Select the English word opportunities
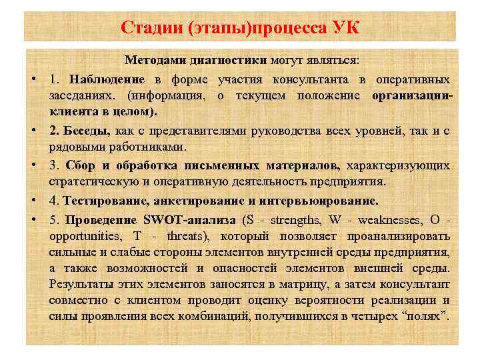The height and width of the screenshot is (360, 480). [83, 236]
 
